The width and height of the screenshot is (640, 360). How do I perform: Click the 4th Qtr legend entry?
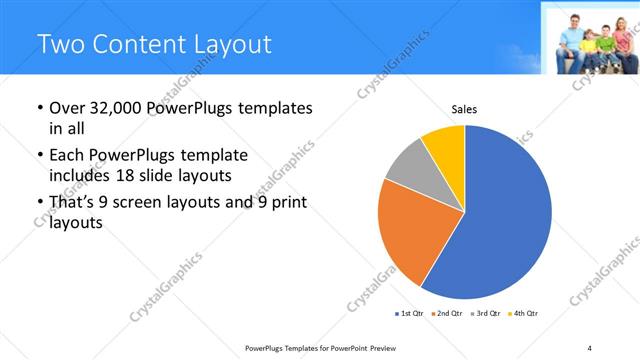pyautogui.click(x=524, y=314)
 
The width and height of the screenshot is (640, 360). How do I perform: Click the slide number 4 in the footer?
pyautogui.click(x=590, y=347)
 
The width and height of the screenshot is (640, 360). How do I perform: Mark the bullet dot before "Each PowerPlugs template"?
pyautogui.click(x=38, y=157)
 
